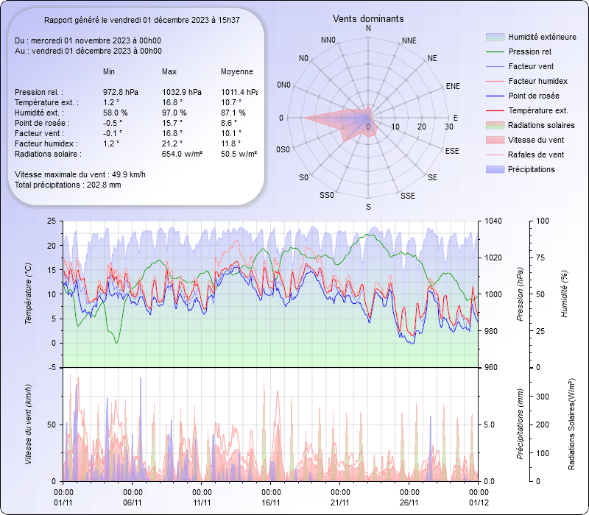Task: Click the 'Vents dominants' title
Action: (x=368, y=18)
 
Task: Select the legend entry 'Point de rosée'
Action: (x=533, y=96)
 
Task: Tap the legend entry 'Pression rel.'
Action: (x=530, y=51)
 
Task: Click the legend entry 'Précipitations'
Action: (x=532, y=169)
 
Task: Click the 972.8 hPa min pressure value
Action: (x=121, y=92)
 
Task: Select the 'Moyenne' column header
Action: (x=237, y=72)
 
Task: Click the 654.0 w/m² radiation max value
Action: (x=183, y=154)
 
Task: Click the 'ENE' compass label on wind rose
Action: (x=453, y=86)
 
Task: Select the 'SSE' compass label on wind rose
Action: (x=407, y=196)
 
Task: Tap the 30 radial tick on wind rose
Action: (x=449, y=127)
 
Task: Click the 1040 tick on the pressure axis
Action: (x=495, y=221)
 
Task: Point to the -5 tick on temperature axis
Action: (x=50, y=367)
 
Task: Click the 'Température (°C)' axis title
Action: (x=29, y=294)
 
